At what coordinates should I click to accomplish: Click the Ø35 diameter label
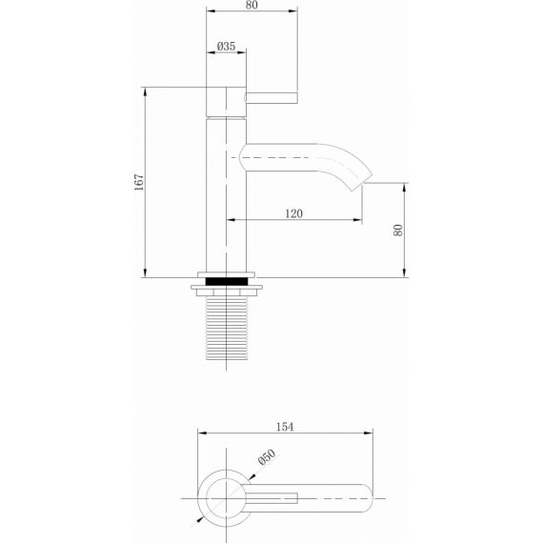226,46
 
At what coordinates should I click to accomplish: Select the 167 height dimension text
139,182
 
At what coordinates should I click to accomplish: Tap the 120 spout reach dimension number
293,213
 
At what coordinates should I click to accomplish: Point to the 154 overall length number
285,427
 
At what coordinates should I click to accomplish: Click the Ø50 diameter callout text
267,456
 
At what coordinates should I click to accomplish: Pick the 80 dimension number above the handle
251,5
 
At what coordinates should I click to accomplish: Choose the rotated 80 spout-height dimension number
398,231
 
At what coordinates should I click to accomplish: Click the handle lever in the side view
271,98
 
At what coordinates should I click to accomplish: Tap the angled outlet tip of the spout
362,181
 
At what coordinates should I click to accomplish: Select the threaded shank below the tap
227,329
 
